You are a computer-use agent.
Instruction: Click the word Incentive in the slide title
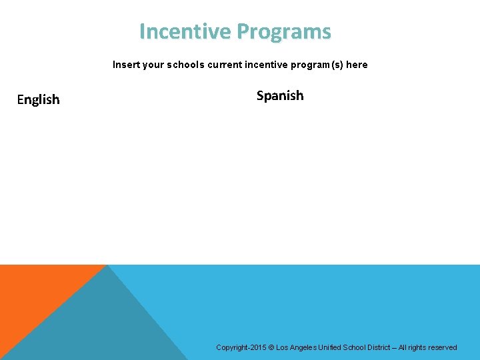click(185, 32)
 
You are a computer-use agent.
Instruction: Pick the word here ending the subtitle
click(357, 65)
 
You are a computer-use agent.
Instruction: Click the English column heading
click(38, 99)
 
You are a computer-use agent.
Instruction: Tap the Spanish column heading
click(280, 95)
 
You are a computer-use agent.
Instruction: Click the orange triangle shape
click(33, 293)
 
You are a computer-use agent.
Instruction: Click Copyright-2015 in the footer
click(241, 347)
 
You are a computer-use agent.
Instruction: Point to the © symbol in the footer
click(271, 347)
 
